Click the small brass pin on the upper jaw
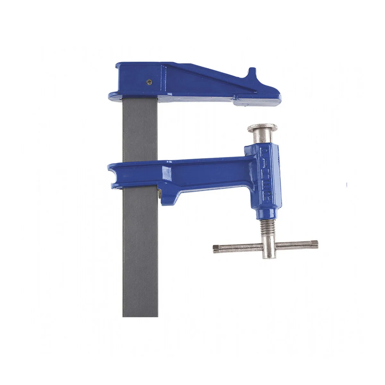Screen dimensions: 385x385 [148, 82]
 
